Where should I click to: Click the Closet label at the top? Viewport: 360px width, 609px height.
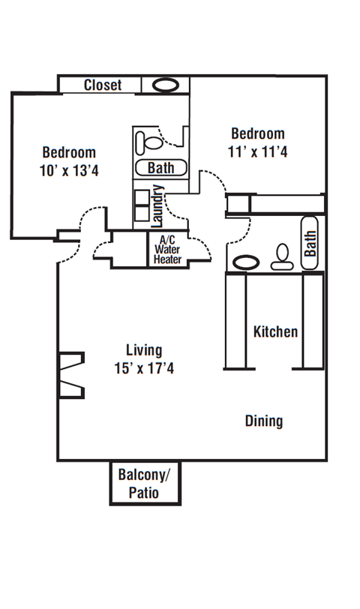[x=102, y=85]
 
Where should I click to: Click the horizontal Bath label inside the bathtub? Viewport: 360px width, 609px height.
[x=160, y=167]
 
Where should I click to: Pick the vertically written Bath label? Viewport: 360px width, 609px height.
[x=310, y=242]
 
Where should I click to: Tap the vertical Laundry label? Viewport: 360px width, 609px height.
[x=157, y=205]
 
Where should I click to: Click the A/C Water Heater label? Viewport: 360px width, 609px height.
[x=167, y=250]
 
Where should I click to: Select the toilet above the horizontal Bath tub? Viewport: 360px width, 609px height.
[x=153, y=140]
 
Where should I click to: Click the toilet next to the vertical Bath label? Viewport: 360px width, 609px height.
[x=282, y=257]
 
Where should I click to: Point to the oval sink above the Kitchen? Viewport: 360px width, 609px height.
[x=245, y=263]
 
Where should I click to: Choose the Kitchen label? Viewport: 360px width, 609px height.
[x=275, y=331]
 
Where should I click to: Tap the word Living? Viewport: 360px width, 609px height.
[x=143, y=350]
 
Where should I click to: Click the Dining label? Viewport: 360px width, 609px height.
[x=264, y=421]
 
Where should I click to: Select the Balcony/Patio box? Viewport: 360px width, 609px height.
[x=145, y=482]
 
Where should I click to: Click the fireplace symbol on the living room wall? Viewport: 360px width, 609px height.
[x=72, y=375]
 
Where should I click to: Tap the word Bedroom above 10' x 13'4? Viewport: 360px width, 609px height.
[x=69, y=151]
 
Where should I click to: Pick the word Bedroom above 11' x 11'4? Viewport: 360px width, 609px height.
[x=257, y=133]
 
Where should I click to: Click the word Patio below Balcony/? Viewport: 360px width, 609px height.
[x=144, y=493]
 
